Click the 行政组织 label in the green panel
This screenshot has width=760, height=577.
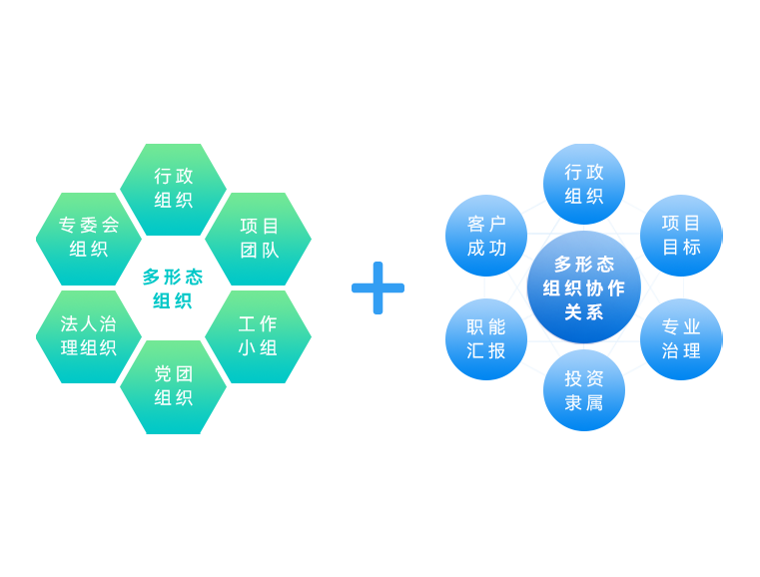174,188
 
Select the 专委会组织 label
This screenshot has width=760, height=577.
89,238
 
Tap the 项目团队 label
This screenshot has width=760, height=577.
260,238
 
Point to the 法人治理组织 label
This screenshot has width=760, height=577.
89,336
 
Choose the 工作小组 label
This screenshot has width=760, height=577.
258,336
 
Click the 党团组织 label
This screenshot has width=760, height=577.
174,386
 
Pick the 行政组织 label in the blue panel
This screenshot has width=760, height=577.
584,185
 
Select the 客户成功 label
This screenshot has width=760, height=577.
486,237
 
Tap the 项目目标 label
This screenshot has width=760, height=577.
681,235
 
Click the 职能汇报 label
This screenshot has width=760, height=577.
486,339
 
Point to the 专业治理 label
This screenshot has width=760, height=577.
681,339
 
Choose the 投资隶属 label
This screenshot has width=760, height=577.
584,391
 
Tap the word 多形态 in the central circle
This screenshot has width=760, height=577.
584,265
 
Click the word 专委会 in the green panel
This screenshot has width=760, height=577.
89,226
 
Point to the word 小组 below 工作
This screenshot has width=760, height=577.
258,348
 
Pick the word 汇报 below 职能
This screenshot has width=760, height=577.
486,351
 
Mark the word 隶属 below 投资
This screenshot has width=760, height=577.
584,403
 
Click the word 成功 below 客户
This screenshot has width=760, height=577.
486,249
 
